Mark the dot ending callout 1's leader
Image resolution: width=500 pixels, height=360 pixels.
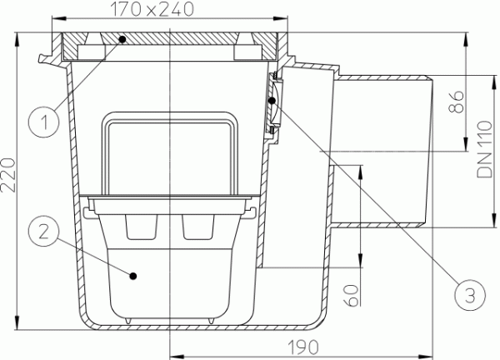click(121, 38)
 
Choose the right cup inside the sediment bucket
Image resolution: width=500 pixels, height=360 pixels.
click(197, 227)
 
